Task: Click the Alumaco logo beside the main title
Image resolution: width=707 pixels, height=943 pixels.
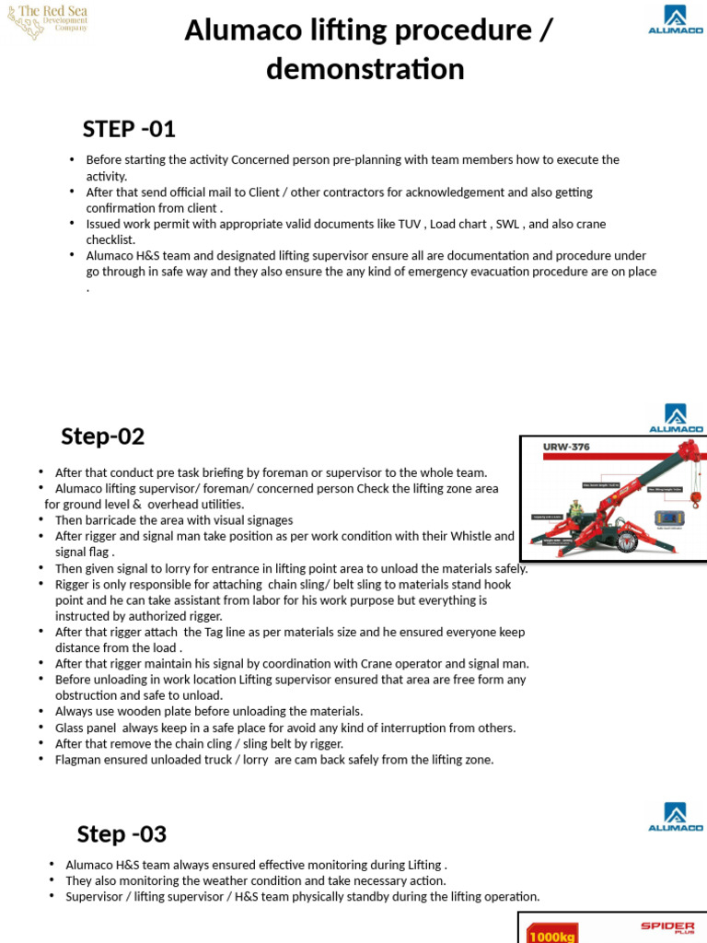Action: pyautogui.click(x=675, y=20)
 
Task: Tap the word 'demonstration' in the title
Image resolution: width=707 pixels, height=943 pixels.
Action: pyautogui.click(x=365, y=69)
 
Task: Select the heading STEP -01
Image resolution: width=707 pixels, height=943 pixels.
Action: pyautogui.click(x=129, y=129)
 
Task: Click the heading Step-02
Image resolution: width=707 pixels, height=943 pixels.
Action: pyautogui.click(x=103, y=436)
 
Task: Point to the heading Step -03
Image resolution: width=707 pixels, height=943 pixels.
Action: pyautogui.click(x=122, y=834)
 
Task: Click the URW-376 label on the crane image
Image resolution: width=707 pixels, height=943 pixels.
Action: pyautogui.click(x=567, y=448)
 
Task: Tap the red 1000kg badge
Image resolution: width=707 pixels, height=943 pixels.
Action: pyautogui.click(x=549, y=935)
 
